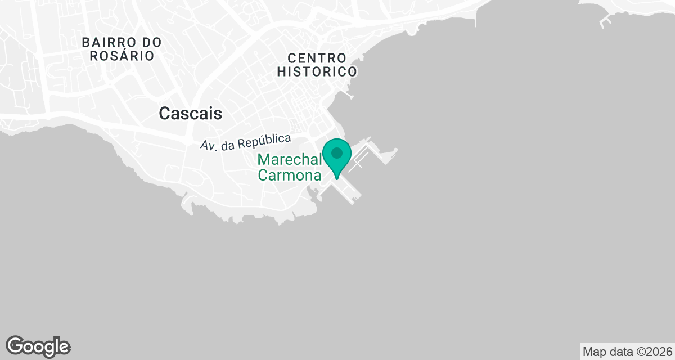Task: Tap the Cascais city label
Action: click(x=190, y=114)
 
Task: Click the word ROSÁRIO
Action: click(x=121, y=56)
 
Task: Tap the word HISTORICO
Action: click(x=317, y=72)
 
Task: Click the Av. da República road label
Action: click(x=246, y=141)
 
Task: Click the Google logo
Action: click(x=38, y=346)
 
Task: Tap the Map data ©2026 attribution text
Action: click(x=627, y=352)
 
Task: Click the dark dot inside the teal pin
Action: click(x=337, y=152)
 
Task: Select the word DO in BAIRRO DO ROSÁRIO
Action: click(x=151, y=42)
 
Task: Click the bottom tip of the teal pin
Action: click(x=337, y=178)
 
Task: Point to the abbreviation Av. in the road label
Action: click(x=209, y=145)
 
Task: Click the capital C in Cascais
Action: click(x=165, y=114)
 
